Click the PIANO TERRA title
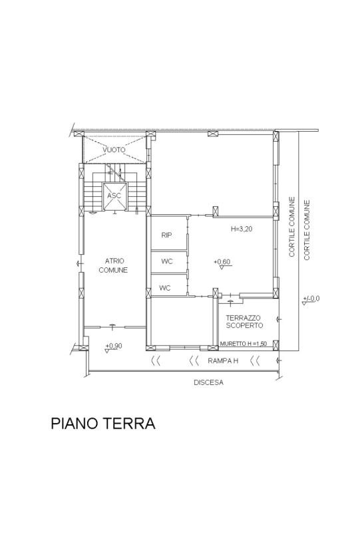[x=102, y=423]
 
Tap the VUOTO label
[x=114, y=150]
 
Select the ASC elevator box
[x=115, y=196]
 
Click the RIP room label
[x=166, y=235]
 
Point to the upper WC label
[x=167, y=261]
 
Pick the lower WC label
[x=165, y=287]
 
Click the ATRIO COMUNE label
[x=113, y=265]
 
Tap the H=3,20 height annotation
[x=242, y=229]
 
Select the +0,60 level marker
[x=222, y=263]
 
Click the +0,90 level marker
[x=113, y=348]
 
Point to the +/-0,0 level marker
[x=310, y=300]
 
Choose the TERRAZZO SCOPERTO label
[x=244, y=322]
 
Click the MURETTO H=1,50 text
[x=243, y=344]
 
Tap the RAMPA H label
[x=223, y=361]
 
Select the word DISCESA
[x=208, y=382]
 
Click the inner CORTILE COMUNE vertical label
[x=292, y=227]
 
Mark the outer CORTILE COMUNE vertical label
[x=307, y=230]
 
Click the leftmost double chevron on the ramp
[x=156, y=361]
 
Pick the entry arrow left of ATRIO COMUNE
[x=80, y=264]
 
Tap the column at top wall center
[x=213, y=134]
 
